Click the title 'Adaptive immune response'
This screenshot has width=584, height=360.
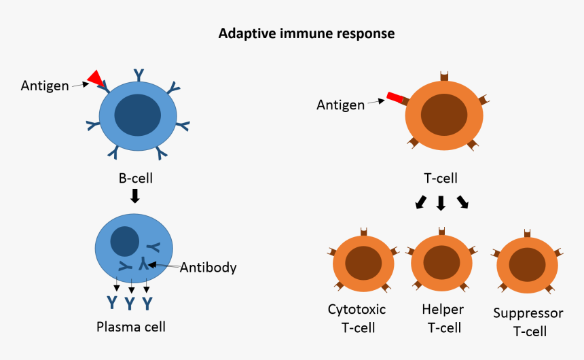point(306,33)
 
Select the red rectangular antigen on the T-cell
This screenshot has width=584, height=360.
point(395,99)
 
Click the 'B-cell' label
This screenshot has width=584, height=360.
point(136,179)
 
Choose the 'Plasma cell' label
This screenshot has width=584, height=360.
point(131,326)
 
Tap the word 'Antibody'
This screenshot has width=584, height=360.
point(208,267)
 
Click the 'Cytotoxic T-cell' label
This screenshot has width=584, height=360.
point(357,319)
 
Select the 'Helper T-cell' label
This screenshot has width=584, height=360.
point(443,319)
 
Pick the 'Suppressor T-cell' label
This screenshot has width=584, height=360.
point(528,322)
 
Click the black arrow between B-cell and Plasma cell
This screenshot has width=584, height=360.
point(135,196)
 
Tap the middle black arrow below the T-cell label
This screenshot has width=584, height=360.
point(441,202)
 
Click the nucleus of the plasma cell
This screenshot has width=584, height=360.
point(125,241)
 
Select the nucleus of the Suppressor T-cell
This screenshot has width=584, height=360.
point(528,263)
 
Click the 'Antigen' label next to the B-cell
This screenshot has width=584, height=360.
point(45,85)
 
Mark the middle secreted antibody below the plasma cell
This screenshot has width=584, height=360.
point(130,302)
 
